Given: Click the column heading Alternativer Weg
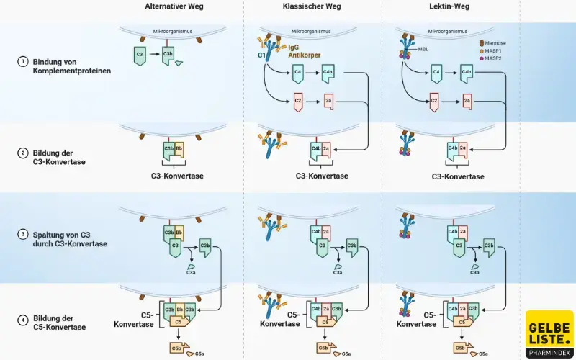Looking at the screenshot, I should point(174,6).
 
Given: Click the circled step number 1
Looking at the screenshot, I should point(22,62).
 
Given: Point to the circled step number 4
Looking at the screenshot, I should point(22,318).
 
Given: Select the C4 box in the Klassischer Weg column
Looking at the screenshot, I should point(297,73).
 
